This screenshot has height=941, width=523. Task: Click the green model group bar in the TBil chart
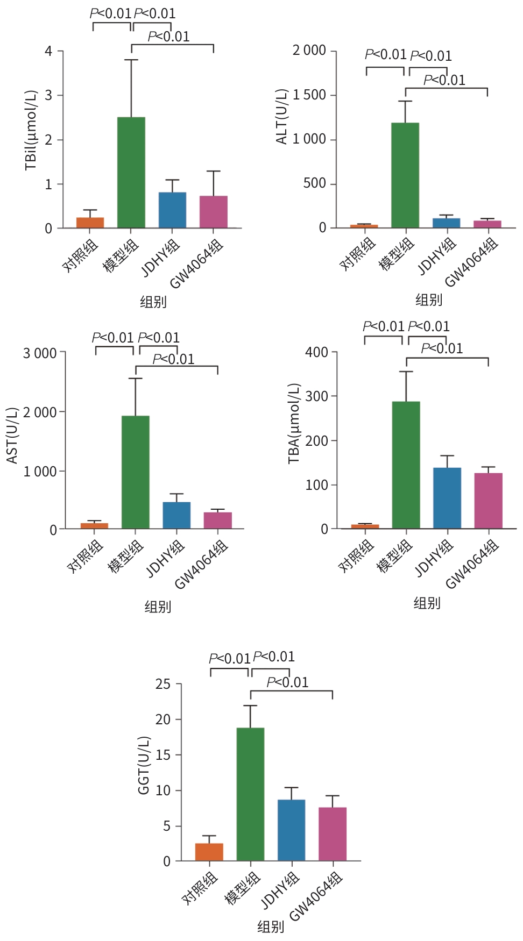pos(131,172)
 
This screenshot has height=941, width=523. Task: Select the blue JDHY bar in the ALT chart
pos(447,223)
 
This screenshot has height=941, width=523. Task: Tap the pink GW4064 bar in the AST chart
pos(218,521)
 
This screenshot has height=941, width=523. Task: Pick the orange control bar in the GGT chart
pos(209,852)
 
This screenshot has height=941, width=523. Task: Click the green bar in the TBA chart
pos(406,465)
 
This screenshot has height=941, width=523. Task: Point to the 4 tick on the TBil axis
pos(48,51)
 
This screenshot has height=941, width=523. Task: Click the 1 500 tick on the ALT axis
pos(309,95)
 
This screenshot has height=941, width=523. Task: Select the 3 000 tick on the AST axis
pos(40,353)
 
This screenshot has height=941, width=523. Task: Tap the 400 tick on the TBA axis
pos(316,352)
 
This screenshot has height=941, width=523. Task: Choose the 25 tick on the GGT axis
pos(163,684)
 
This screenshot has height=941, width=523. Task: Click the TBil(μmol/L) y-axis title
pos(31,130)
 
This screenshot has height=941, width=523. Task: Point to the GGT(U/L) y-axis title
pos(144,765)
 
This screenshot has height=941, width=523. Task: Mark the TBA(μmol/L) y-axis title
pos(294,424)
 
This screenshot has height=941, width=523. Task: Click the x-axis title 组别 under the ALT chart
pos(429,300)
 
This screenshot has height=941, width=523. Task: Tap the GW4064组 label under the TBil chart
pos(196,265)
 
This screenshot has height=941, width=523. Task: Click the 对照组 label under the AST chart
pos(85,557)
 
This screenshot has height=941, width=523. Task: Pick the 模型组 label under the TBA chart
pos(394,556)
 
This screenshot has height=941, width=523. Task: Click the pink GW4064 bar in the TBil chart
pos(214,212)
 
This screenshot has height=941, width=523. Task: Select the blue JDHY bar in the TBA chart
pos(447,498)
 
